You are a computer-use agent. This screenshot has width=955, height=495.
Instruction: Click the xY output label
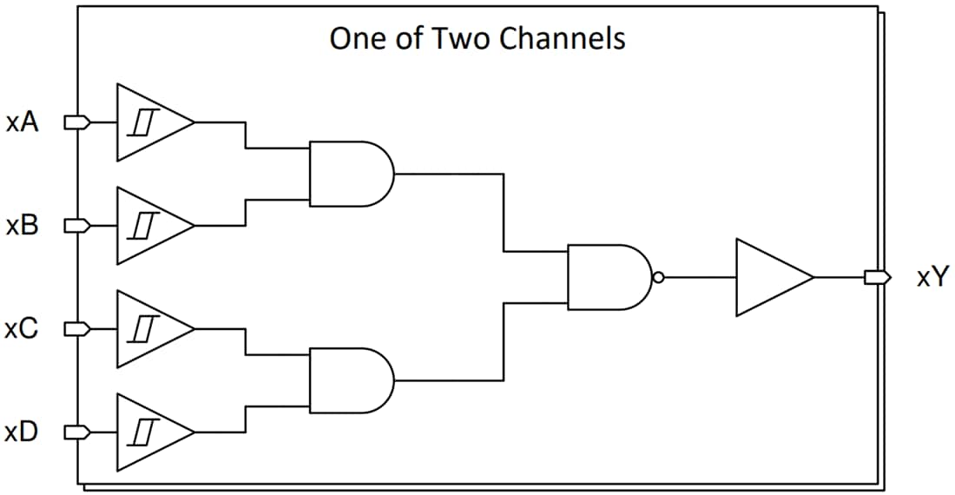(932, 278)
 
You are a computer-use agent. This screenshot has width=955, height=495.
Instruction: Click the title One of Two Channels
(477, 39)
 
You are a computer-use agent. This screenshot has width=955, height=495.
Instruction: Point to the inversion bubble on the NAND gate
(658, 278)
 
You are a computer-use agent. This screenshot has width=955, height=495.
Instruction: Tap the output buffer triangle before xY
(768, 278)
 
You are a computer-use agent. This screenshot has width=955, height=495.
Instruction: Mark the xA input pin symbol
(77, 123)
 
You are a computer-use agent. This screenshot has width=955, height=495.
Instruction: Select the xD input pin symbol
(77, 432)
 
